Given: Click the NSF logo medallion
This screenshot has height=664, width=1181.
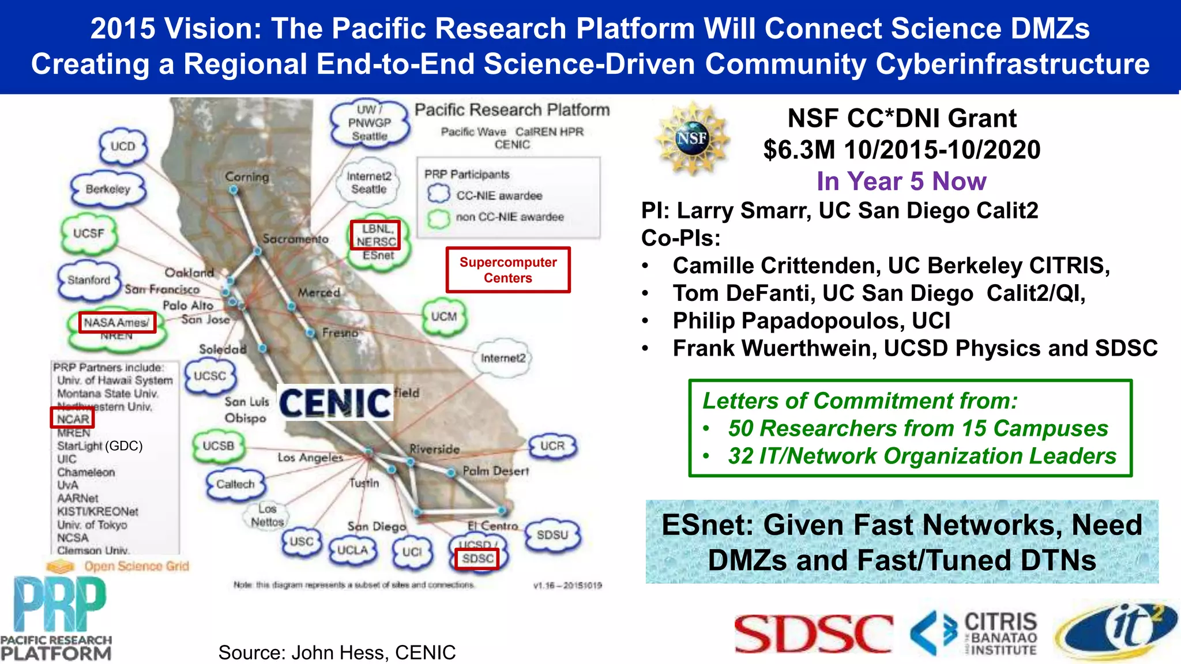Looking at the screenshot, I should tap(691, 139).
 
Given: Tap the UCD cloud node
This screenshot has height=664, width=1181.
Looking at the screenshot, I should tap(123, 147).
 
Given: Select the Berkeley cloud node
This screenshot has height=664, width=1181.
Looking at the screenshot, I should tap(108, 190).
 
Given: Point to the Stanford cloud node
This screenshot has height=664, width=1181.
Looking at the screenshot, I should tap(89, 280).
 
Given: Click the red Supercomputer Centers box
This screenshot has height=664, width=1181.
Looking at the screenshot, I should tap(508, 270).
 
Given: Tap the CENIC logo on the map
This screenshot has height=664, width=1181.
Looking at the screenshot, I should tap(336, 402).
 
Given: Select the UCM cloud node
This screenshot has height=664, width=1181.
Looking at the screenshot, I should tap(444, 316).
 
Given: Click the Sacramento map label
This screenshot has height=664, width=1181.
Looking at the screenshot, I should tap(295, 239).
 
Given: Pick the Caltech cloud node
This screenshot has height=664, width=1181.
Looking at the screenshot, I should tap(235, 484).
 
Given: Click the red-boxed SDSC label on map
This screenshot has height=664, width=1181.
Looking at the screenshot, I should tap(477, 559).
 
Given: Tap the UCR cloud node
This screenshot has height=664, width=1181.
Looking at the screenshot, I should tap(552, 446).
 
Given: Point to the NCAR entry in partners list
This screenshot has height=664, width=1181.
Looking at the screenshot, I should tap(73, 419).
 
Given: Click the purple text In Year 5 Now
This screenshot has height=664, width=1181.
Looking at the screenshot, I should tap(901, 181).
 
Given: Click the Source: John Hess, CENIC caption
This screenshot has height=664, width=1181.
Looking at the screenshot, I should tap(337, 652).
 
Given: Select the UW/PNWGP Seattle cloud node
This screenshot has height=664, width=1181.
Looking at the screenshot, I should tap(370, 123).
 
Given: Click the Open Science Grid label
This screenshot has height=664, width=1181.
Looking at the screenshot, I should tap(136, 566).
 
